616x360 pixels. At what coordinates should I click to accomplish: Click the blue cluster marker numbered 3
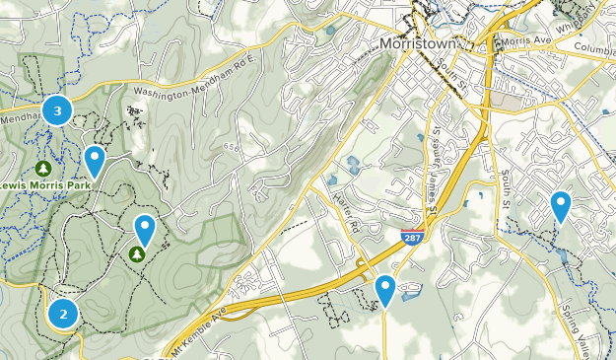click(57, 111)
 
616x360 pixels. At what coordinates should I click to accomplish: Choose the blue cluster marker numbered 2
click(63, 315)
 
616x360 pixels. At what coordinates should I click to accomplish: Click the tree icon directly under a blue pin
click(136, 254)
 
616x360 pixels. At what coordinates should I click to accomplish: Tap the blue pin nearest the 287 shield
click(385, 290)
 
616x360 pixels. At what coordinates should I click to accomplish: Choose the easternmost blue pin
click(561, 206)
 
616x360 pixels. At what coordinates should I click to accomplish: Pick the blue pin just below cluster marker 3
click(95, 159)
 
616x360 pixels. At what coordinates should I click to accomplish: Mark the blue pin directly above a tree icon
click(145, 229)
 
